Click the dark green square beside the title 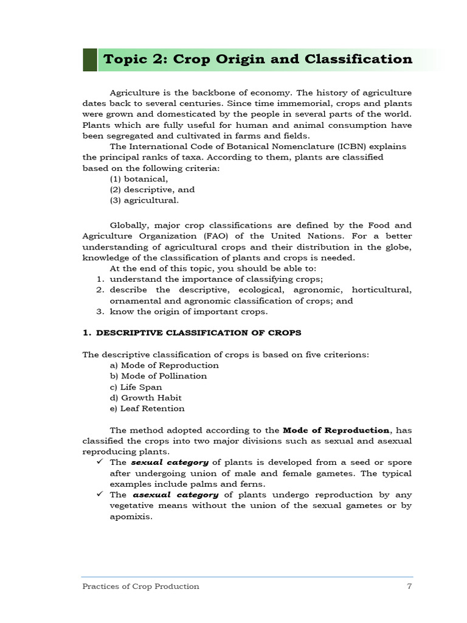pos(90,60)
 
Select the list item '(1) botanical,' pos(139,179)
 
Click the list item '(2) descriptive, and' pos(152,190)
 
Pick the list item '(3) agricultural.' pos(144,200)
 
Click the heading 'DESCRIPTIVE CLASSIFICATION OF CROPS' pos(198,333)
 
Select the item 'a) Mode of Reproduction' pos(164,365)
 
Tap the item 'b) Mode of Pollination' pos(158,376)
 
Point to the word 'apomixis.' pos(131,517)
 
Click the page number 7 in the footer pos(409,586)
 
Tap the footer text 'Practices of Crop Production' pos(140,586)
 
